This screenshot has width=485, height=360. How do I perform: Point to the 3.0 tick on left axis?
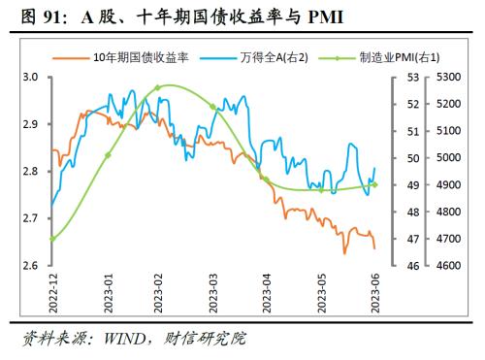[x=29, y=78]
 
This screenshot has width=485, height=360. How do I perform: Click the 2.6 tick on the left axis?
[x=29, y=265]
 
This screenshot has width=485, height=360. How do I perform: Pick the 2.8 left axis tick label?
[x=29, y=172]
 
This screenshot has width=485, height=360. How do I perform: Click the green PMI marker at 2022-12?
[x=51, y=239]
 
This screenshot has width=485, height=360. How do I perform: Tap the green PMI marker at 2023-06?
[x=375, y=184]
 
